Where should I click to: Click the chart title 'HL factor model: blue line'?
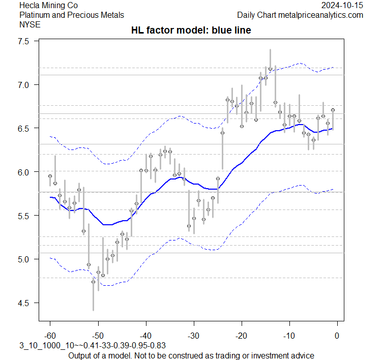(191, 31)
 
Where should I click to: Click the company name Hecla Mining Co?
(50, 6)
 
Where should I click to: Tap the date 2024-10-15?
(342, 6)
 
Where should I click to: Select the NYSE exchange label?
(28, 24)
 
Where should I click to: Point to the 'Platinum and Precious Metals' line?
(71, 15)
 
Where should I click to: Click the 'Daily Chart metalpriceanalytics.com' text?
(300, 15)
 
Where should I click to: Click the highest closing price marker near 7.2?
(270, 69)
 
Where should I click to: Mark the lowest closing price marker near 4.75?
(93, 282)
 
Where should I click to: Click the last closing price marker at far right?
(333, 110)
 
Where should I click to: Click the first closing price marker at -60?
(50, 176)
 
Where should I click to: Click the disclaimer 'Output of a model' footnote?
(191, 355)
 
